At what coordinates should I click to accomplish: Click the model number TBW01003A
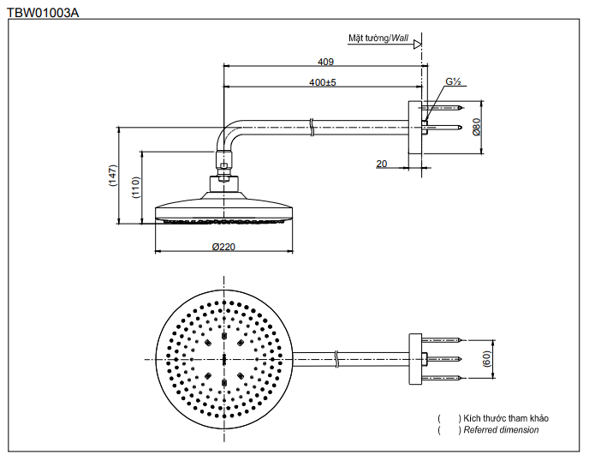tap(43, 12)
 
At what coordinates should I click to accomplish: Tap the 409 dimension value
tap(325, 62)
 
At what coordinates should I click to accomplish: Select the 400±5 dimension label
tap(323, 82)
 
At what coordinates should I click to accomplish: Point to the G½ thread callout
tap(453, 82)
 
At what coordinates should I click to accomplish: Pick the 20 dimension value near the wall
tap(381, 162)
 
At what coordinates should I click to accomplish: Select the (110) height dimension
tap(135, 187)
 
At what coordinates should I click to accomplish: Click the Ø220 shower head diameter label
tap(223, 247)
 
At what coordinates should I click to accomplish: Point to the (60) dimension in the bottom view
tap(487, 359)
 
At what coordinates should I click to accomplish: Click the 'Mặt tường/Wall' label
tap(378, 39)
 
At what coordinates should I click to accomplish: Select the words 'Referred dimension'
tap(501, 430)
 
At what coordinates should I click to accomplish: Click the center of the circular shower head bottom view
tap(223, 358)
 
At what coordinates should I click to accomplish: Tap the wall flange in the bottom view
tap(416, 359)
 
